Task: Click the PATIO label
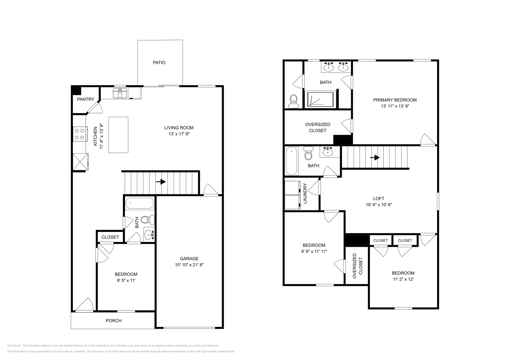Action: pyautogui.click(x=159, y=63)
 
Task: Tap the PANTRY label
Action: pyautogui.click(x=86, y=99)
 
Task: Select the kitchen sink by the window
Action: pyautogui.click(x=120, y=94)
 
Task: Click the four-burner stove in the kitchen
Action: pyautogui.click(x=80, y=134)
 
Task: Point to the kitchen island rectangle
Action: pyautogui.click(x=118, y=135)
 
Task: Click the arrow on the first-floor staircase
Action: pyautogui.click(x=162, y=182)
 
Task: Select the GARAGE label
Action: pyautogui.click(x=189, y=259)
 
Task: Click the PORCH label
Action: pyautogui.click(x=114, y=321)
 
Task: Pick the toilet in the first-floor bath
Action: pyautogui.click(x=147, y=219)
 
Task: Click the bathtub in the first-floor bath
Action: pyautogui.click(x=139, y=203)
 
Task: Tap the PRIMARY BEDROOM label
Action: pyautogui.click(x=395, y=100)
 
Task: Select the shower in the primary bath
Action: pyautogui.click(x=320, y=100)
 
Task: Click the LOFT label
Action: pyautogui.click(x=379, y=198)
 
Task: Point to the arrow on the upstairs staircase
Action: pyautogui.click(x=376, y=157)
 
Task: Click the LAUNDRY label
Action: pyautogui.click(x=305, y=193)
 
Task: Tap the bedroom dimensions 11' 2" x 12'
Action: pyautogui.click(x=403, y=279)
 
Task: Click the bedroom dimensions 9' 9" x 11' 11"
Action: pyautogui.click(x=314, y=251)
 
